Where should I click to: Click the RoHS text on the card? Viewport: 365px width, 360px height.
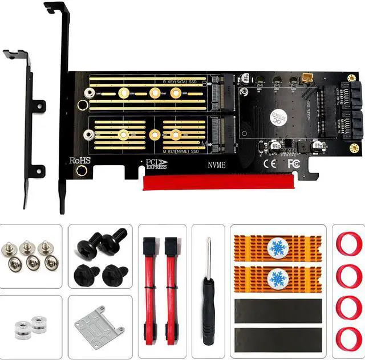point(79,161)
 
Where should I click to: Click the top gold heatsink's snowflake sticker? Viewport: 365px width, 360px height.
point(278,249)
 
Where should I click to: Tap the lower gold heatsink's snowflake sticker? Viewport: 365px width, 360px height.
point(278,279)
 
